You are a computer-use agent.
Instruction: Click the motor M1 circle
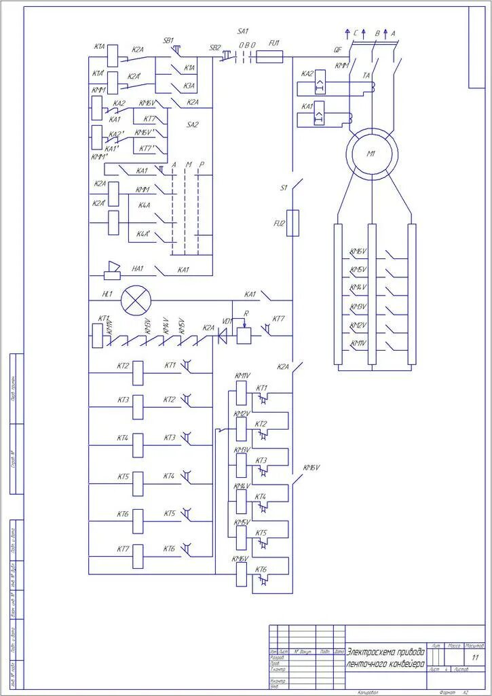(371, 154)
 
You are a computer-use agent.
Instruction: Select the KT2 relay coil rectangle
(138, 370)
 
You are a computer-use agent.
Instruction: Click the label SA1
(243, 32)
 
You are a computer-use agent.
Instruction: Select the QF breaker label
(337, 50)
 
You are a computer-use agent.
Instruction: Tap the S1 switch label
(284, 188)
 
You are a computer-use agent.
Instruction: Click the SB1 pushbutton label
(168, 40)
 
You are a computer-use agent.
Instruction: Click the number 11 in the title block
(474, 659)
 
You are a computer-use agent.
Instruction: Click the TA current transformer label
(366, 76)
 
